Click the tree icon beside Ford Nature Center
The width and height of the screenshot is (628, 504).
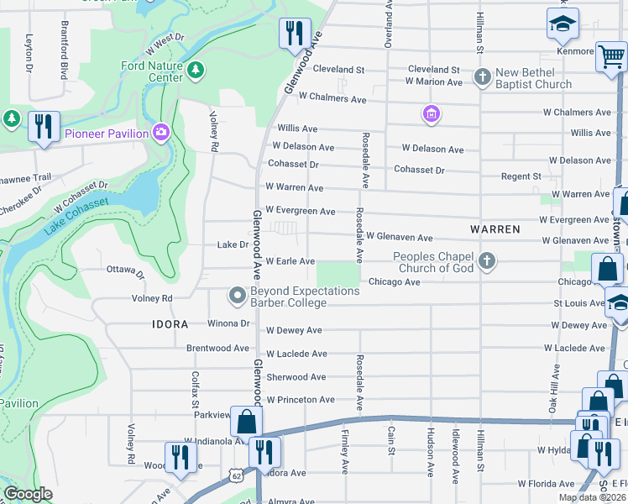(196, 70)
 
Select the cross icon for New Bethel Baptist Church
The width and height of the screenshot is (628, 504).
(482, 77)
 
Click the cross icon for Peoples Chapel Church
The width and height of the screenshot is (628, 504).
(486, 262)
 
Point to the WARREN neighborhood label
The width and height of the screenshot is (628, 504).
(495, 228)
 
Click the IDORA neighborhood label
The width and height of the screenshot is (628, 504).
(169, 323)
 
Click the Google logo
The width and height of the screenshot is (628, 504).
(28, 494)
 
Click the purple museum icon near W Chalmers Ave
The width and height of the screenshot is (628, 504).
(432, 113)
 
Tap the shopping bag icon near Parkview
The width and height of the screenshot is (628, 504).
(246, 420)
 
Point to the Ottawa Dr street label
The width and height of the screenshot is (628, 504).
(125, 271)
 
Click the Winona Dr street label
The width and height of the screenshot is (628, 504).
(229, 323)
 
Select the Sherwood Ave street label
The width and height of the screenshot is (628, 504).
(296, 377)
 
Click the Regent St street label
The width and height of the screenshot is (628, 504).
(521, 176)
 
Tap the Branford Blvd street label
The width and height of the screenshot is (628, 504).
(63, 52)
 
